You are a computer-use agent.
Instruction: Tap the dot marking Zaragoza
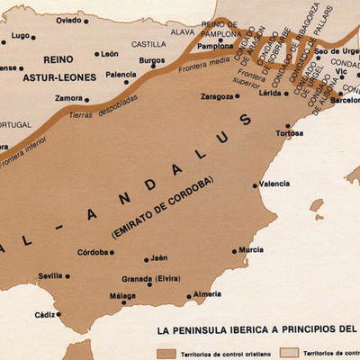point(238,94)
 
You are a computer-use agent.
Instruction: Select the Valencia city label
point(274,184)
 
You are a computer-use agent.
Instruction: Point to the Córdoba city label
point(94,252)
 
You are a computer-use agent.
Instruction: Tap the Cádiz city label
point(44,315)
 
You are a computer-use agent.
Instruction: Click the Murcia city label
point(252,249)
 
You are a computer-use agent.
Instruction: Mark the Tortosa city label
point(289,132)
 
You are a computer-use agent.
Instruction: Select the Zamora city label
point(68,97)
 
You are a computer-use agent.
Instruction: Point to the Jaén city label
point(159,257)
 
